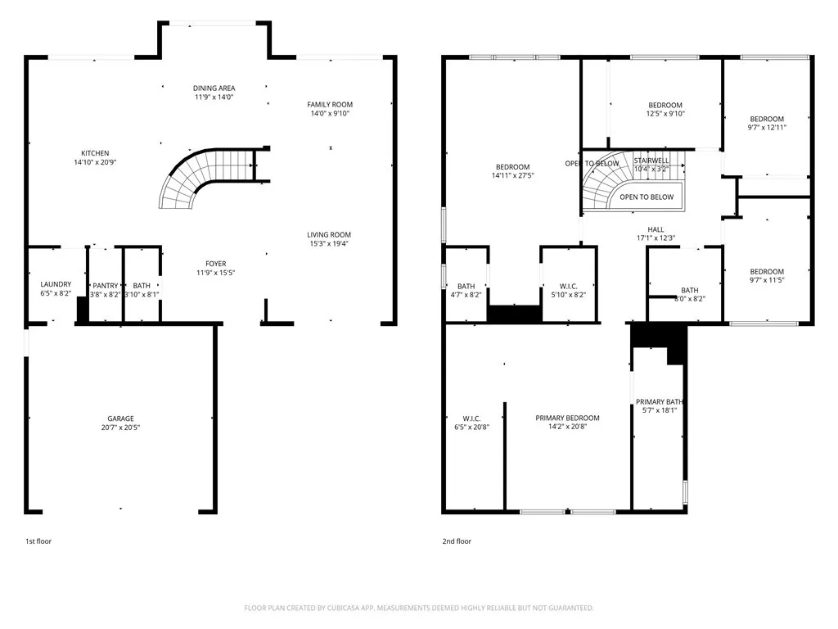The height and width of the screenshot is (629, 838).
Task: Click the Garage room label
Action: click(x=120, y=419)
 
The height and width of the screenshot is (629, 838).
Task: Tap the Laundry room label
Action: click(x=56, y=284)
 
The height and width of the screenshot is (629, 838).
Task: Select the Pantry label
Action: click(x=105, y=284)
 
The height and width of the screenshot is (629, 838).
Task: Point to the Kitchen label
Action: click(x=95, y=153)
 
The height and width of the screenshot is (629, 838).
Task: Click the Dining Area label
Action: click(x=214, y=88)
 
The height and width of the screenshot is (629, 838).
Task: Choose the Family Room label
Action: click(x=330, y=104)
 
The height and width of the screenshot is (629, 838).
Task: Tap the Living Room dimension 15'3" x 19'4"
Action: click(x=329, y=245)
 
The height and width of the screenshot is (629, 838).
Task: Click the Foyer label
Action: click(x=216, y=263)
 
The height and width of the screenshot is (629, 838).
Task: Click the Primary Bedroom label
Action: click(x=567, y=418)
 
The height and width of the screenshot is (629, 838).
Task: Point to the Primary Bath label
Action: click(x=660, y=401)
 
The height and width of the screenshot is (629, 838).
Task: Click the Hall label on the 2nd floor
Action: click(x=656, y=229)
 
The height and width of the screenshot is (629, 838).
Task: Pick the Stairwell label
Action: click(x=651, y=161)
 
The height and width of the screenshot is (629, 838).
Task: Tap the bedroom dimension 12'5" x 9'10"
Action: click(x=665, y=114)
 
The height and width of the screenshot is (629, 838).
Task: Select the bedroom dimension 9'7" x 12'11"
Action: click(x=767, y=128)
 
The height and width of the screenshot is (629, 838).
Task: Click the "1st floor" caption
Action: click(x=38, y=541)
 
